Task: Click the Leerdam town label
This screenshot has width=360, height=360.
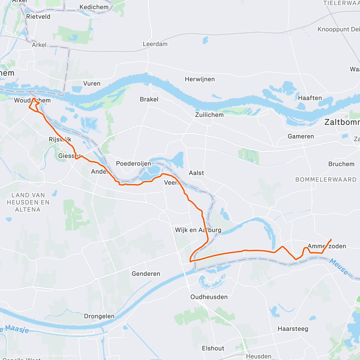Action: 155,44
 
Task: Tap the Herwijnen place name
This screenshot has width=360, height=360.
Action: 200,79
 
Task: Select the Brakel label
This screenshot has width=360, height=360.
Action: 149,99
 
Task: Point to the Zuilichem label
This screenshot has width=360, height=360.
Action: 209,115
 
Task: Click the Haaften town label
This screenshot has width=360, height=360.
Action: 310,98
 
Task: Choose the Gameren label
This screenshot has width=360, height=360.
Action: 301,136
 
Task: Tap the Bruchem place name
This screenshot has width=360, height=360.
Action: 341,164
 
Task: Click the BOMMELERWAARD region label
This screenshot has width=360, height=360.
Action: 326,180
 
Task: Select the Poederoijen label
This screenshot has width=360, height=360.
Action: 133,163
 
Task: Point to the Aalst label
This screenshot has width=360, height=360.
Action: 196,173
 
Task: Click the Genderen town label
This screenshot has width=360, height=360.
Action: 146,274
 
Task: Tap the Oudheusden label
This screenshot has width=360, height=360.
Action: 209,297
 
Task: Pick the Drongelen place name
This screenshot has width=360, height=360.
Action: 99,316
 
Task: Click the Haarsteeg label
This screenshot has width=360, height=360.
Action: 293,329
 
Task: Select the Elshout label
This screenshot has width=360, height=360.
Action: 213,348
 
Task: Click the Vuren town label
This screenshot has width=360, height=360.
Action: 92,84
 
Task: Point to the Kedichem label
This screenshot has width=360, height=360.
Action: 94,7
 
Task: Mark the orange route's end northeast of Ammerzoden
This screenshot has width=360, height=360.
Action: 331,239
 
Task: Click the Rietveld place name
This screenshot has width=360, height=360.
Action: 38,17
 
